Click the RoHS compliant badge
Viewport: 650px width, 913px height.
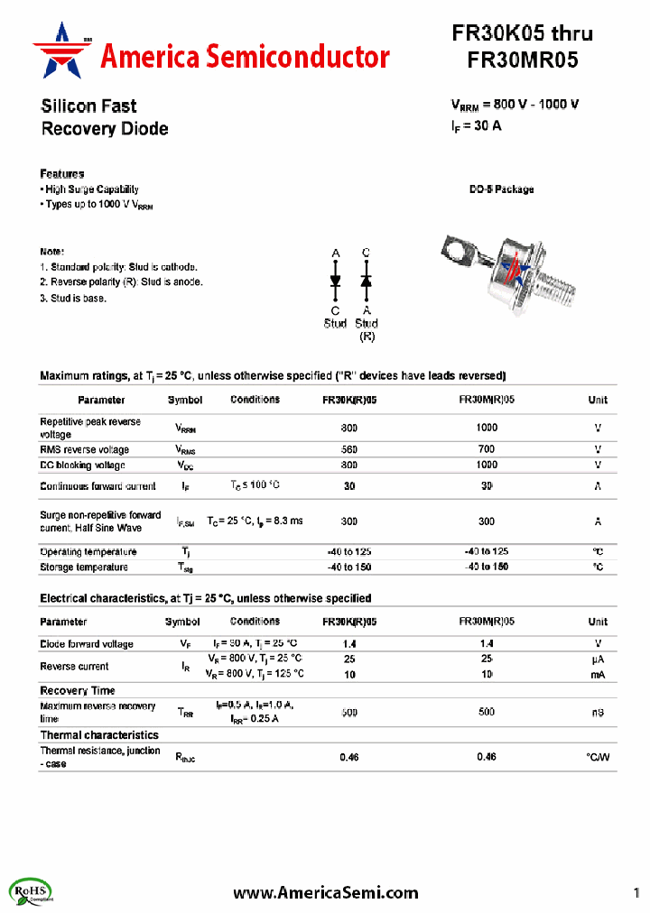click(32, 892)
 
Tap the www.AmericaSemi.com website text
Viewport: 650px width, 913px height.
click(325, 892)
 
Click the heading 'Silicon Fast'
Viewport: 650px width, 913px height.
click(88, 106)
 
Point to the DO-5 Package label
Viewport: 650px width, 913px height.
click(501, 189)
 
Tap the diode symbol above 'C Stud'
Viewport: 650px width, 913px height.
click(335, 281)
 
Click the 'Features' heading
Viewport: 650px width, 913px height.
click(62, 173)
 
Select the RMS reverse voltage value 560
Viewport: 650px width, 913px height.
click(349, 449)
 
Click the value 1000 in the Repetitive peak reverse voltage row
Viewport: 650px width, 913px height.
click(486, 428)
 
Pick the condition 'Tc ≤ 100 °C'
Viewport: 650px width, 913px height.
click(255, 485)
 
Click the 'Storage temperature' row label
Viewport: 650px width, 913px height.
click(84, 567)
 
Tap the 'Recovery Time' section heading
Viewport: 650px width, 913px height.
click(78, 690)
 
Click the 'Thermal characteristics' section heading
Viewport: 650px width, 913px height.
click(99, 735)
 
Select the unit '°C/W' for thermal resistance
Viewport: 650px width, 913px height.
click(597, 757)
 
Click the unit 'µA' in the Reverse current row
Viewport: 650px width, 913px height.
click(597, 659)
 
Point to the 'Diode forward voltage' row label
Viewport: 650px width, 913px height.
click(87, 644)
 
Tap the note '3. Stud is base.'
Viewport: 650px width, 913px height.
click(73, 298)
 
